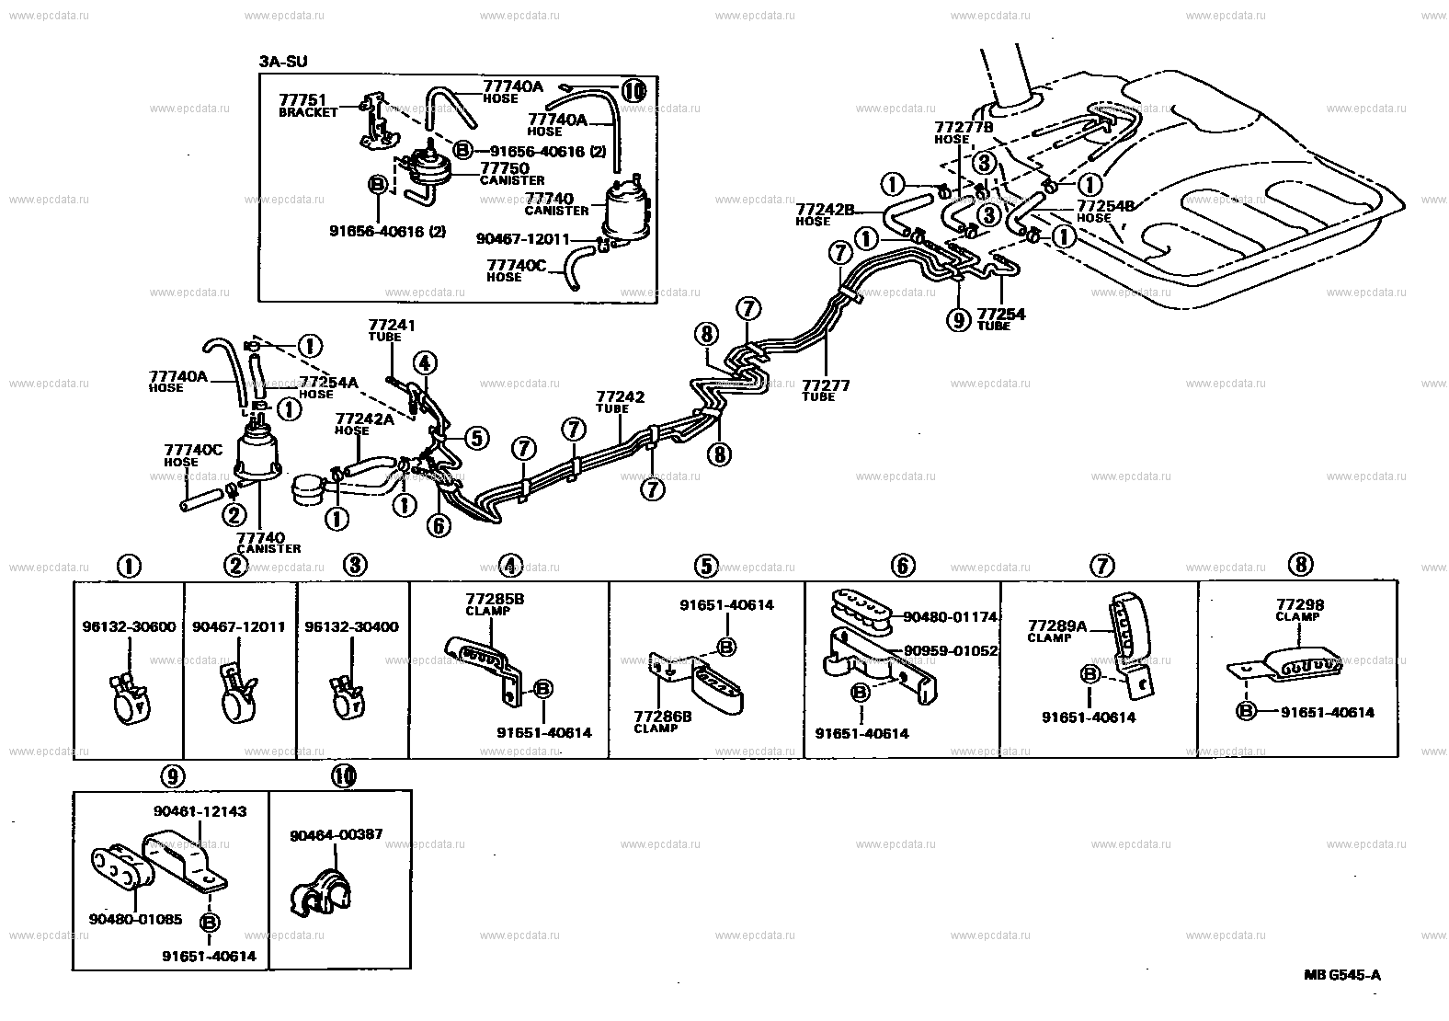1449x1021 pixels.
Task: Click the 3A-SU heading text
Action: [283, 62]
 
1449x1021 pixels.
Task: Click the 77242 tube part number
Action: [620, 397]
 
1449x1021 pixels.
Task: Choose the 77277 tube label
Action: [826, 385]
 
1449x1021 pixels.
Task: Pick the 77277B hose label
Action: [964, 127]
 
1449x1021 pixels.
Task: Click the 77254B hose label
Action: [1106, 206]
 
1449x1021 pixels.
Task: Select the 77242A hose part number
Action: [365, 419]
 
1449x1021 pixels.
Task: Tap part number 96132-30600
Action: [129, 627]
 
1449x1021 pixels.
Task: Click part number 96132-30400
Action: [352, 627]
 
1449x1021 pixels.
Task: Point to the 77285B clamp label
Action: [494, 598]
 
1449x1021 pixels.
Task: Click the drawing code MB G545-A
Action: [1341, 976]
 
